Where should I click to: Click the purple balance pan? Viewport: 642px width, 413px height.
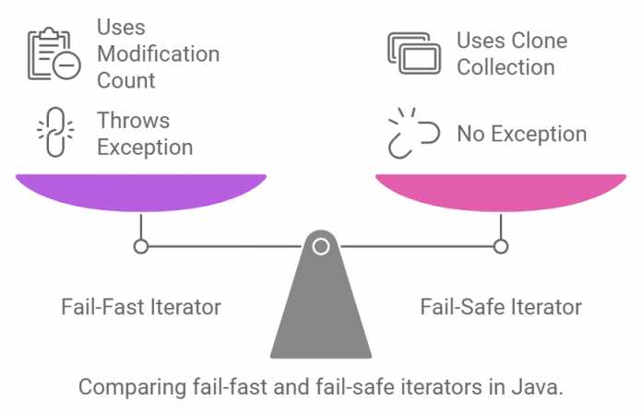click(140, 191)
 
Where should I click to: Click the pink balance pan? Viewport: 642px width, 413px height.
click(501, 191)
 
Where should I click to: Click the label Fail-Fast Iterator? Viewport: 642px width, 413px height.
click(141, 307)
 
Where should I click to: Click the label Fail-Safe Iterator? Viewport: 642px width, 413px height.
click(501, 307)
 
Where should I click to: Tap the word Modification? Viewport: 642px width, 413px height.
click(158, 53)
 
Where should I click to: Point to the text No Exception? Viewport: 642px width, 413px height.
click(521, 134)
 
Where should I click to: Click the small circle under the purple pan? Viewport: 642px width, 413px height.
click(140, 246)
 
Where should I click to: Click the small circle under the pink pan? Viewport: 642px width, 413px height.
click(501, 246)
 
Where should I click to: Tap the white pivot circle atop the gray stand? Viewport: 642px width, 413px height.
click(321, 246)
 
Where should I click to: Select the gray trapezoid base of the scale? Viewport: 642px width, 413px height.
click(321, 313)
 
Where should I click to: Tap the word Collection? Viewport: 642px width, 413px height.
click(505, 67)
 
